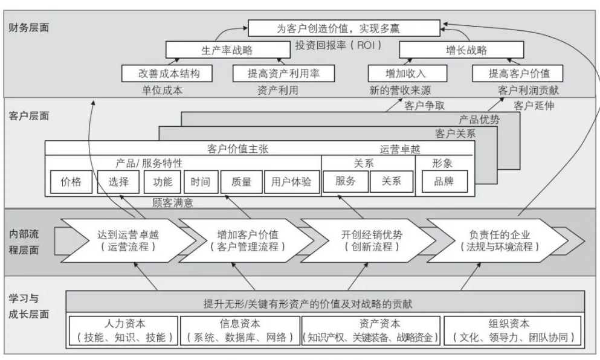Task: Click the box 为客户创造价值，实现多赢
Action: (344, 28)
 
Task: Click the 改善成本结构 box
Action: (169, 73)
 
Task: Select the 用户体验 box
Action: (291, 181)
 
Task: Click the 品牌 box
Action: (444, 181)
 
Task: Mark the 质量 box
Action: (240, 181)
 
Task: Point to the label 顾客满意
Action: (173, 203)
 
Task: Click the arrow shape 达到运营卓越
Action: (127, 240)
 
